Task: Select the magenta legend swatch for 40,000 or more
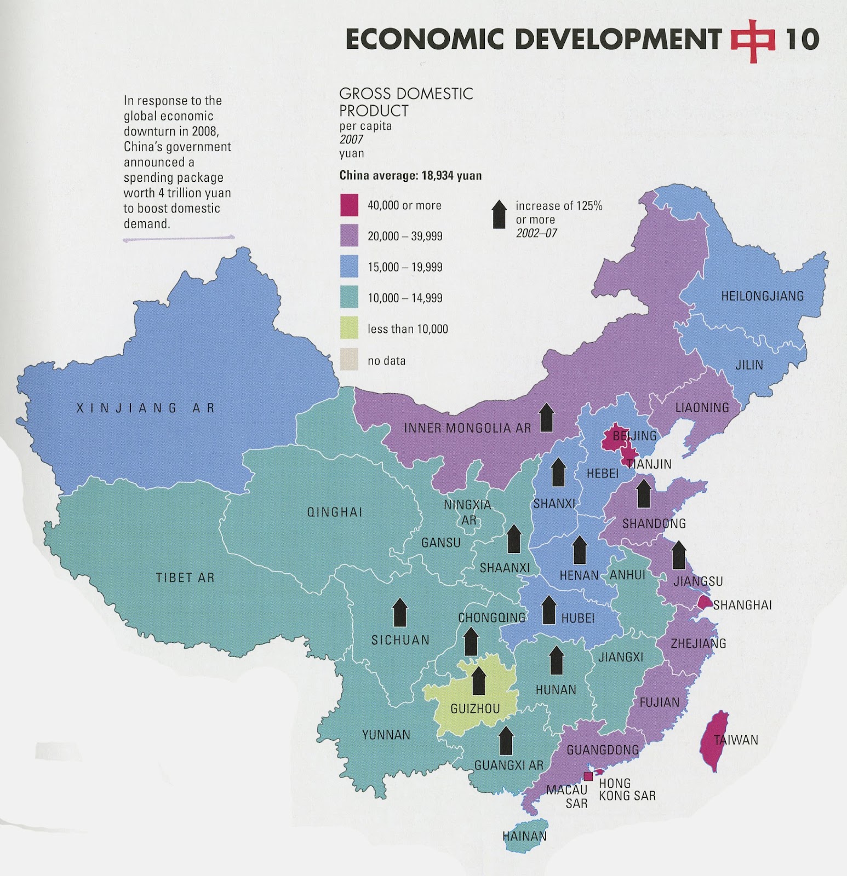(x=349, y=205)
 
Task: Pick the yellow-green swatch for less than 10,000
(x=349, y=328)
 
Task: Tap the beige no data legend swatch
(x=349, y=360)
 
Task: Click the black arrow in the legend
(x=499, y=214)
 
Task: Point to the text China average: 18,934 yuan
(x=410, y=176)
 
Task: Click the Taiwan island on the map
(x=714, y=740)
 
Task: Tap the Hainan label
(x=524, y=836)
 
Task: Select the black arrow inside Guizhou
(x=479, y=681)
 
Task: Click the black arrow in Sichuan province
(x=400, y=612)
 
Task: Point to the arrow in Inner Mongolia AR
(x=546, y=417)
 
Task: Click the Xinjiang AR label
(x=145, y=408)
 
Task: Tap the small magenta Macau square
(x=588, y=776)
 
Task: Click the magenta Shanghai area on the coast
(x=703, y=603)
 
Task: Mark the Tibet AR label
(x=185, y=578)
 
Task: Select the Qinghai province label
(x=335, y=512)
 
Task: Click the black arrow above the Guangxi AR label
(x=506, y=741)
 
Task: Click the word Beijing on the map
(x=634, y=436)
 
